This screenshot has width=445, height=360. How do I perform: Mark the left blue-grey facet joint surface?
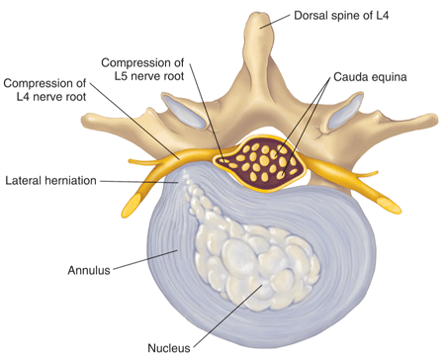[x=196, y=116]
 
